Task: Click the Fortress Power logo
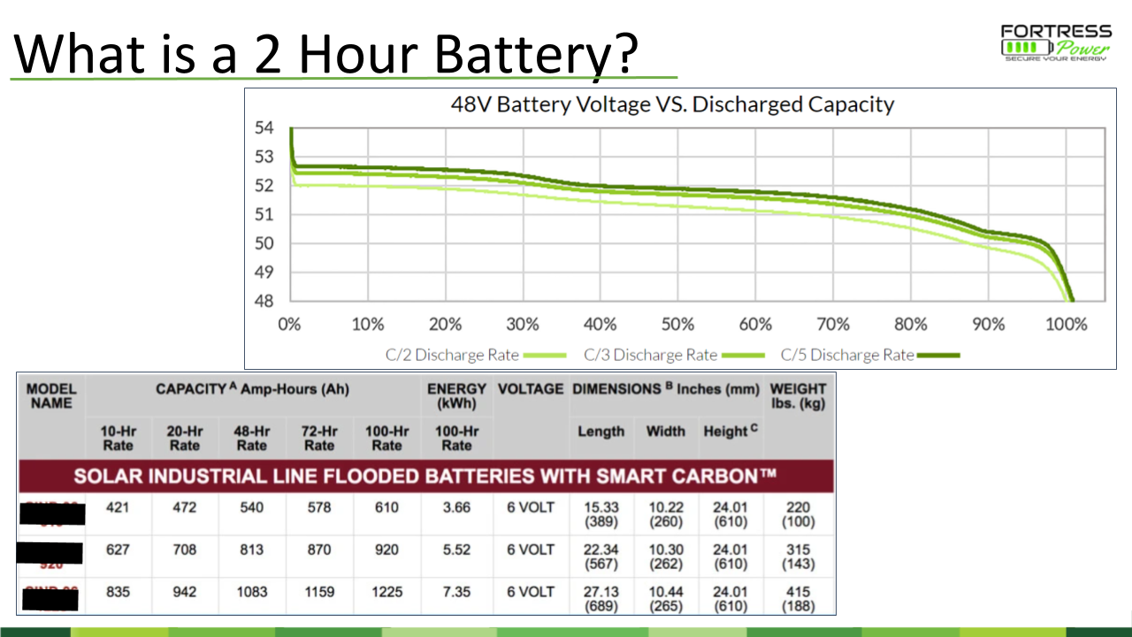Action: pos(1053,42)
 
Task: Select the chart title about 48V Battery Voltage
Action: pos(672,104)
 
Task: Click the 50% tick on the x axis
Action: pos(677,324)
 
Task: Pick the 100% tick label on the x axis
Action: pos(1066,324)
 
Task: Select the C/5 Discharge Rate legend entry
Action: pos(869,355)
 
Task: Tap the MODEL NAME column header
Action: pos(51,395)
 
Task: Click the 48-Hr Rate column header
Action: pos(251,438)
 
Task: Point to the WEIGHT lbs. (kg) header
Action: pos(798,395)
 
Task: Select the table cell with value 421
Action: pos(118,508)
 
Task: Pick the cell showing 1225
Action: pos(386,593)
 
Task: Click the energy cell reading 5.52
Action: pos(456,549)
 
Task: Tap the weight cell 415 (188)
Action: pos(798,599)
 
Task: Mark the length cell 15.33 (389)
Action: pos(600,514)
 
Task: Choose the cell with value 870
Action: pos(318,549)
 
